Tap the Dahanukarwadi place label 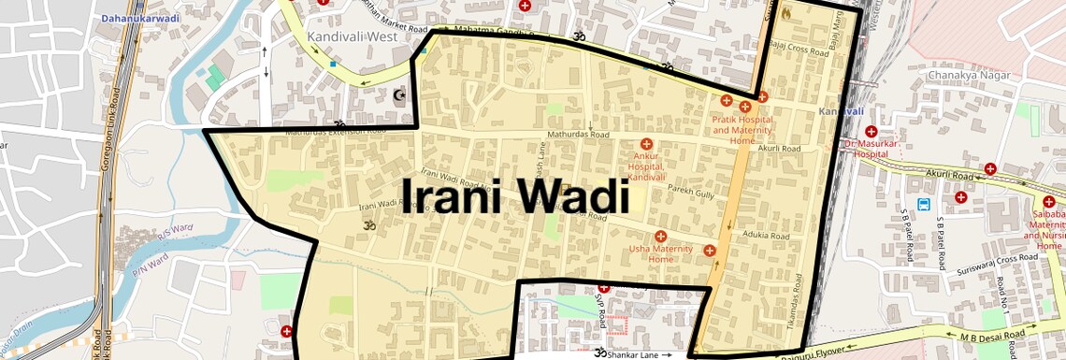click(141, 17)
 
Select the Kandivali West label click(352, 36)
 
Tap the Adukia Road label click(765, 235)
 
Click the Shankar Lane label click(633, 355)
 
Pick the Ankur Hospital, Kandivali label click(646, 166)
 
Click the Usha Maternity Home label click(660, 253)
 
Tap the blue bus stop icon click(924, 204)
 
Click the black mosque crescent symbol click(400, 94)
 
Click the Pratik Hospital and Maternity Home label click(742, 129)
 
